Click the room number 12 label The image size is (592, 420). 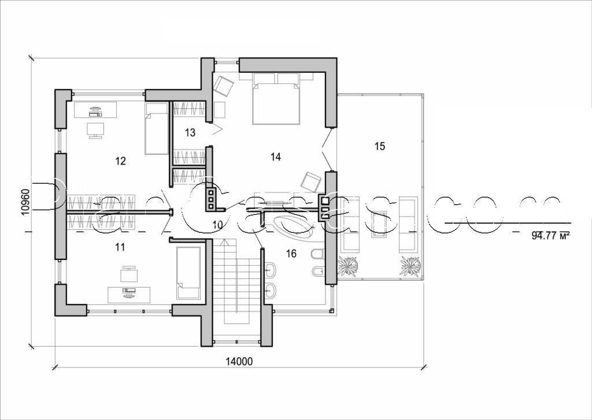[x=120, y=161]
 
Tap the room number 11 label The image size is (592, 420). [x=120, y=247]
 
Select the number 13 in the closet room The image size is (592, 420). [x=190, y=132]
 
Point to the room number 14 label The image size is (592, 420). [x=276, y=157]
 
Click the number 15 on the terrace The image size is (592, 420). [x=379, y=146]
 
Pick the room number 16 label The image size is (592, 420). [x=291, y=253]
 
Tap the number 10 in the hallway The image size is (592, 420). [x=217, y=224]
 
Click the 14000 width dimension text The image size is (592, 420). [x=239, y=362]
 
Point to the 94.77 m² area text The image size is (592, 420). [x=550, y=235]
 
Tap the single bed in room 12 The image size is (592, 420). [x=156, y=129]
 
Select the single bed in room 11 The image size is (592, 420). [x=188, y=273]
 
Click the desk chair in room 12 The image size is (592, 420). [x=95, y=130]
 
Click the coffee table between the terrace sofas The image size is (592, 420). [x=380, y=224]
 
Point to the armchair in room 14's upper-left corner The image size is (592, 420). [x=223, y=86]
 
